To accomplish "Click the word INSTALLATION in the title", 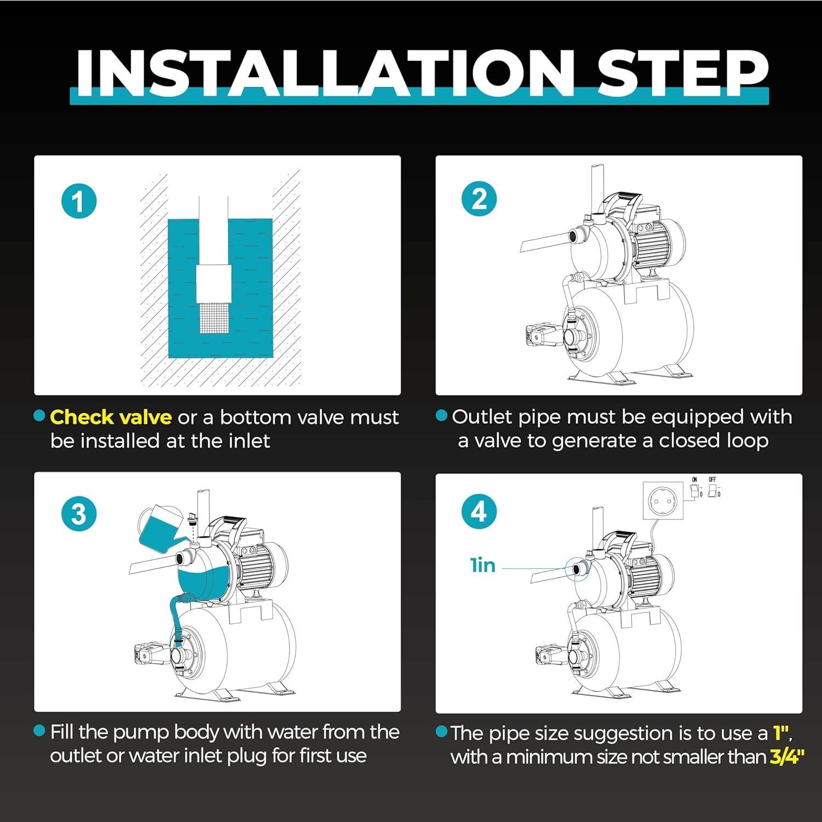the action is coord(326,72).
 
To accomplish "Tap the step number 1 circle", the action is coord(79,201).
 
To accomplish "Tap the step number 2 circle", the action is coord(479,198).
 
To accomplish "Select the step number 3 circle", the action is coord(79,515).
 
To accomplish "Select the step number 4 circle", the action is coord(479,512).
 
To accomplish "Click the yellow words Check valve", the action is coord(111,418).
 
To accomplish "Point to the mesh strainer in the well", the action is coord(213,318).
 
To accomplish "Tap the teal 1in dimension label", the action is coord(483,565).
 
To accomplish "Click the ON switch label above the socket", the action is coord(694,480).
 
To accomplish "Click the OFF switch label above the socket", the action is coord(712,480).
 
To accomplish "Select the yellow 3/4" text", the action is coord(787,757).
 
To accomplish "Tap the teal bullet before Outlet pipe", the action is coord(442,416).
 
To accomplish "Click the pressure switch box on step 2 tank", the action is coord(543,335).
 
